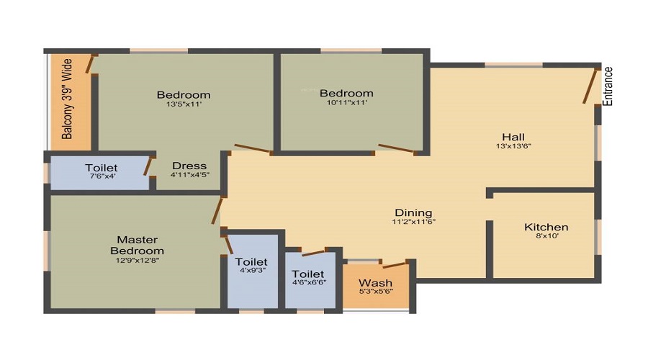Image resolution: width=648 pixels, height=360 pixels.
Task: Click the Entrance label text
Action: pos(608,86)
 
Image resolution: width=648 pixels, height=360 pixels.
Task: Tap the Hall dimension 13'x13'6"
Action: pos(513,146)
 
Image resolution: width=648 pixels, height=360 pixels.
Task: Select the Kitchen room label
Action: pos(546,228)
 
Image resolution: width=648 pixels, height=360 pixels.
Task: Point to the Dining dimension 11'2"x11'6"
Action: pos(413,222)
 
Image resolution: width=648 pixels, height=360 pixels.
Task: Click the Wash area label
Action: pos(375,282)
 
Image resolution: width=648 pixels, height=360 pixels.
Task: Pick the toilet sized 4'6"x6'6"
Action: pos(307,274)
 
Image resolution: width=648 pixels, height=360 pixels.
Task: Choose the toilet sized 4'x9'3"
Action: pos(251,262)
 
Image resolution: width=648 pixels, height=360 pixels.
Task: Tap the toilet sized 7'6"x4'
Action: pos(101,168)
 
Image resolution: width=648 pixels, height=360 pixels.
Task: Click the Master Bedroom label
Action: pos(137,245)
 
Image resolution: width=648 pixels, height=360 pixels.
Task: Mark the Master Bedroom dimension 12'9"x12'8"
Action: pos(137,261)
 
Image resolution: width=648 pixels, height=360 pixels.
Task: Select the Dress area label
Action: pos(189,166)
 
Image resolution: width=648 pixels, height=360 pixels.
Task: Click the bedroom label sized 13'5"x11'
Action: pos(184,94)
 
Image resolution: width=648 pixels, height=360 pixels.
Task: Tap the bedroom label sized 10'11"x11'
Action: pos(346,93)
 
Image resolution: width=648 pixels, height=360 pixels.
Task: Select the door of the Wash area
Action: pos(395,265)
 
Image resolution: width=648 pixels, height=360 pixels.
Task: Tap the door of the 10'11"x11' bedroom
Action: pos(396,149)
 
